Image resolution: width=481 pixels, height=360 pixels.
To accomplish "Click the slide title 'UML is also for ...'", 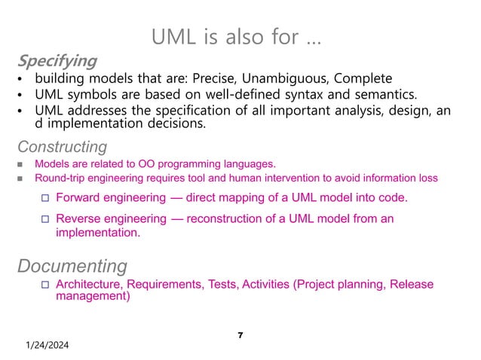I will tap(236, 36).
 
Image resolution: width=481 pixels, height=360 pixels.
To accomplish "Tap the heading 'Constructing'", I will tap(62, 146).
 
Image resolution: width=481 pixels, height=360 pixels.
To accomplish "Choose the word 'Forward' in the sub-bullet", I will tap(81, 197).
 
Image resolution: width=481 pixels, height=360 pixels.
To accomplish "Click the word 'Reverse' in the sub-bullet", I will tap(81, 218).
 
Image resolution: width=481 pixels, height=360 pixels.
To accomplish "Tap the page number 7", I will tap(240, 334).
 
